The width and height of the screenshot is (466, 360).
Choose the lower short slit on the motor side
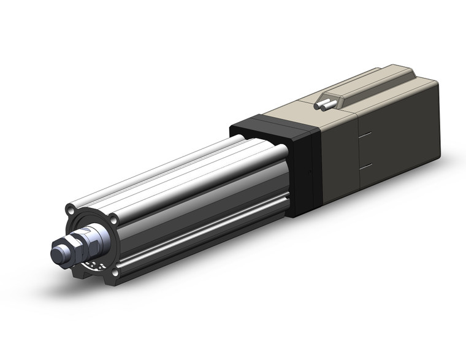[364, 166]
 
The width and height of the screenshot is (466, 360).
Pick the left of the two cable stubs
[318, 106]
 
